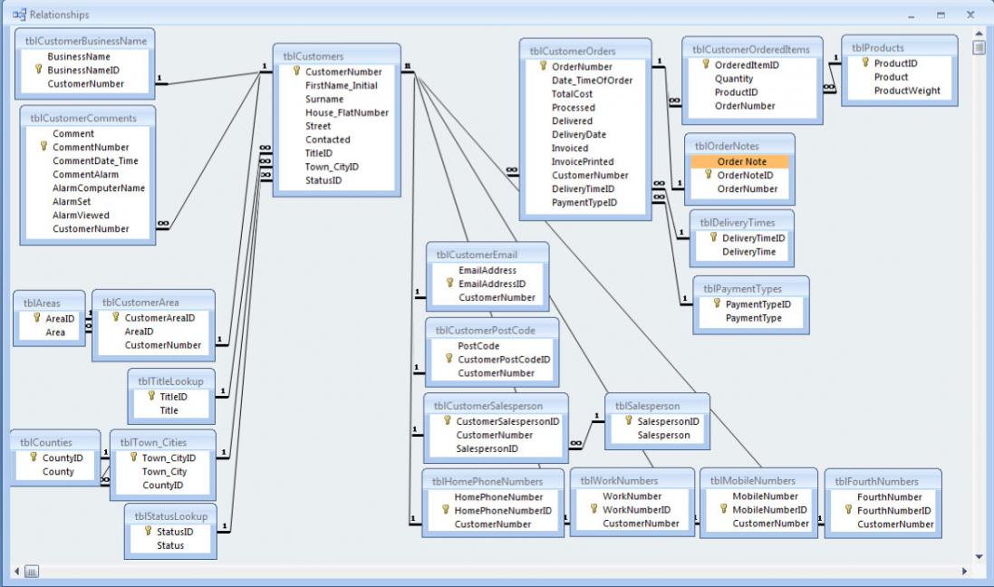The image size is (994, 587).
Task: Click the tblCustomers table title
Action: (313, 54)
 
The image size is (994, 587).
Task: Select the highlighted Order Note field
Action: (741, 162)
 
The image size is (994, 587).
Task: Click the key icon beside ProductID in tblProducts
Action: (865, 63)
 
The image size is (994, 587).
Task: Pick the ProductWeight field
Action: (907, 91)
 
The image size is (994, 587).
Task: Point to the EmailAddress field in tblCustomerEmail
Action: (487, 270)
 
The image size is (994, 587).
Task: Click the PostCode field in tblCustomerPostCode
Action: (479, 345)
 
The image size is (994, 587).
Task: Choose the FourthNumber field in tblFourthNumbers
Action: (889, 496)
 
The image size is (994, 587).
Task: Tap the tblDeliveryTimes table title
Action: (735, 222)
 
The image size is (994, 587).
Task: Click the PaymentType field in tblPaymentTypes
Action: (753, 318)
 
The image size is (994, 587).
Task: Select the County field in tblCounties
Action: (58, 472)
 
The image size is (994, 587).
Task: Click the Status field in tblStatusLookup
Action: (170, 545)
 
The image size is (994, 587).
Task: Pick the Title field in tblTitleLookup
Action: (169, 410)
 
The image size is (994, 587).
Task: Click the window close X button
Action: (970, 14)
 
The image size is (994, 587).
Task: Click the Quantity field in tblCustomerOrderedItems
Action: (735, 79)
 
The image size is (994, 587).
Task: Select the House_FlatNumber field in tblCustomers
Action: (347, 112)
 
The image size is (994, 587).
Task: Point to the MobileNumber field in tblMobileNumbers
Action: (764, 496)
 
